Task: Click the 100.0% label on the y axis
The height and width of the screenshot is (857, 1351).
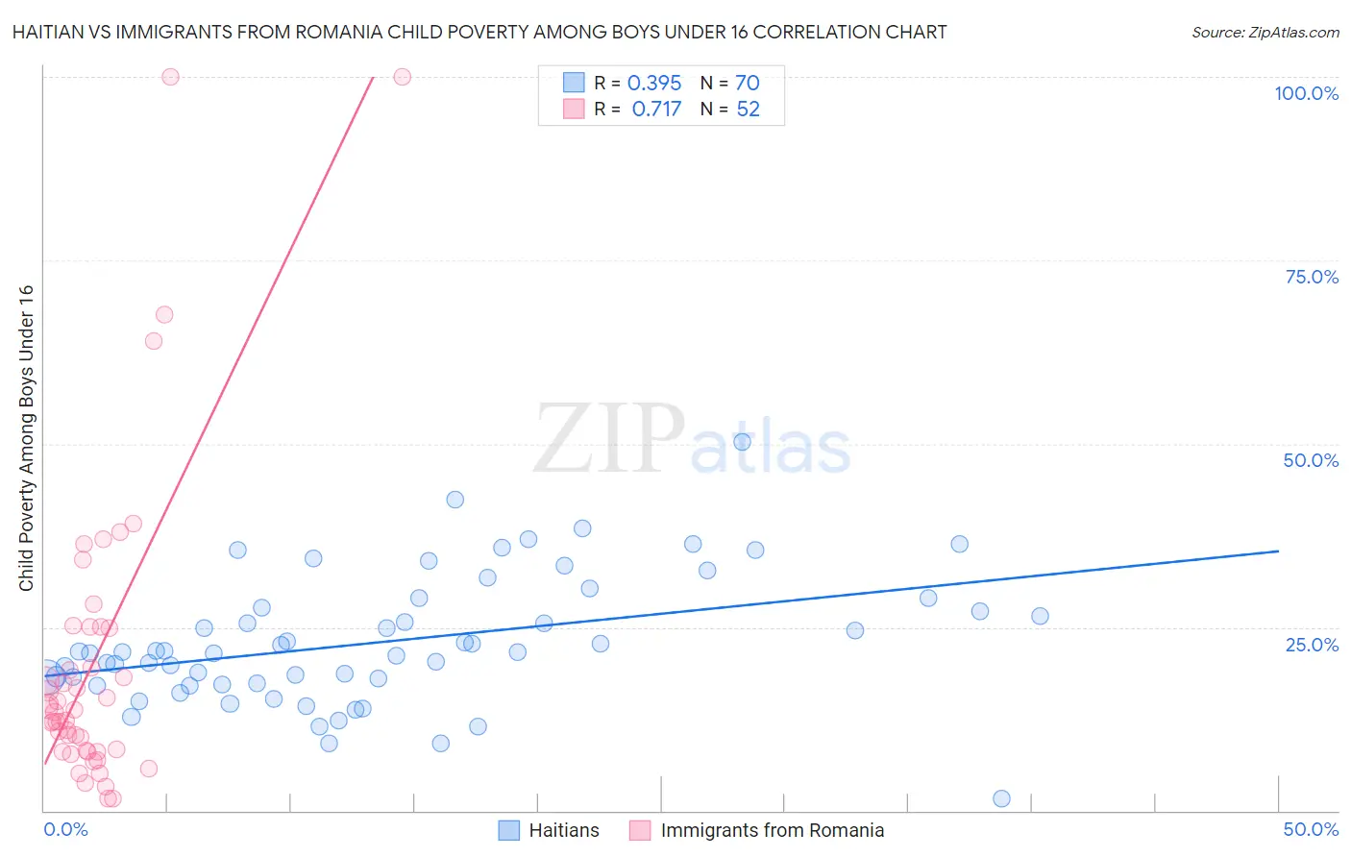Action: pyautogui.click(x=1306, y=93)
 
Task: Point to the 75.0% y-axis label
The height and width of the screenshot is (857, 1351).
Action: pyautogui.click(x=1312, y=277)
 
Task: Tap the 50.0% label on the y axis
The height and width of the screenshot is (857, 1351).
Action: pyautogui.click(x=1311, y=460)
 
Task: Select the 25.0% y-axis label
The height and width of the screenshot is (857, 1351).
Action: pyautogui.click(x=1312, y=645)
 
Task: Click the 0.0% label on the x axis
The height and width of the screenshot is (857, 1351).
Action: pyautogui.click(x=65, y=829)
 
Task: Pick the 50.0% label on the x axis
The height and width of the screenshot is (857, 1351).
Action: pyautogui.click(x=1311, y=829)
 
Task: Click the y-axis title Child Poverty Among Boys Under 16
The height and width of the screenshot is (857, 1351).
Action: pyautogui.click(x=26, y=438)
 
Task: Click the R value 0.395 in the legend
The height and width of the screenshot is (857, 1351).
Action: pyautogui.click(x=654, y=84)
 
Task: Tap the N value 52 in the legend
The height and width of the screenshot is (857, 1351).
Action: pyautogui.click(x=748, y=110)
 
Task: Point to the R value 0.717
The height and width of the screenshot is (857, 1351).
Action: pyautogui.click(x=656, y=110)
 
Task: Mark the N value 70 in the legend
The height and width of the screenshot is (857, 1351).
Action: pyautogui.click(x=748, y=84)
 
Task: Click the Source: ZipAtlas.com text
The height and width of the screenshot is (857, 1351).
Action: pyautogui.click(x=1265, y=33)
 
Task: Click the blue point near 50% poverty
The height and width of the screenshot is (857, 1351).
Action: pyautogui.click(x=742, y=442)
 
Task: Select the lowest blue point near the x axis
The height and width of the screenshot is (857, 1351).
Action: pyautogui.click(x=1001, y=798)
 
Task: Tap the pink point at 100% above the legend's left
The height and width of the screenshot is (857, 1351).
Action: pyautogui.click(x=403, y=77)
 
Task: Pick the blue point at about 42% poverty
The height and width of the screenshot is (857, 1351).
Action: pyautogui.click(x=455, y=500)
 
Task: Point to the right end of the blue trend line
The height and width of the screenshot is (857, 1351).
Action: pyautogui.click(x=1278, y=551)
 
